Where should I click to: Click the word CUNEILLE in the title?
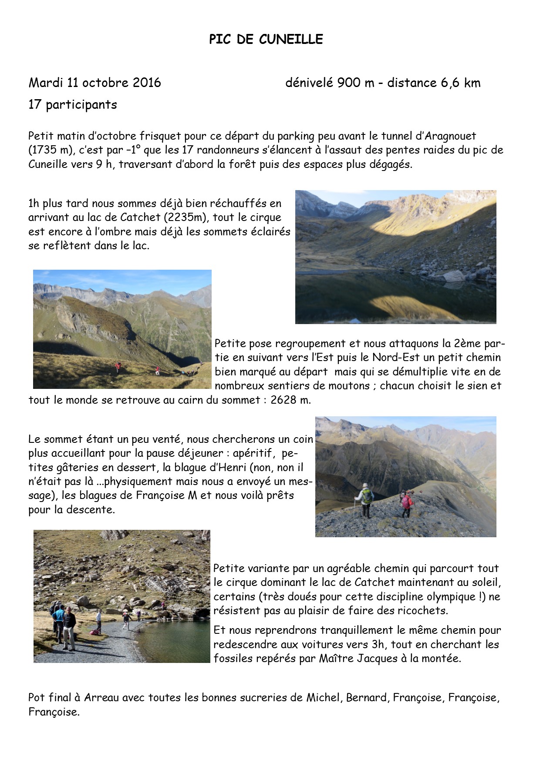coord(291,40)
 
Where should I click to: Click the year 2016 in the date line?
coord(147,83)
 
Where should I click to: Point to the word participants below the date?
coord(81,105)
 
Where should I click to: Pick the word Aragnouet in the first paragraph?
coord(450,136)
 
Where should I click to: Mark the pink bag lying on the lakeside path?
coord(94,632)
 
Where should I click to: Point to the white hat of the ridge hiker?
coord(365,485)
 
